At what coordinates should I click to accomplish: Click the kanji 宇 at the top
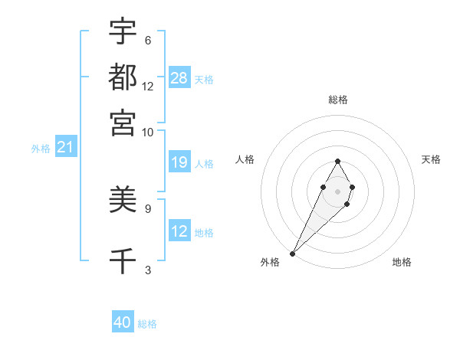123,32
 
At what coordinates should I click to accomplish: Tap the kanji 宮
123,122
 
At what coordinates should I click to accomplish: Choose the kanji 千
123,261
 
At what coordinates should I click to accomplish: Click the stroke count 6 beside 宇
147,40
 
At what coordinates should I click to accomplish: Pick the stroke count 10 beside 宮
148,132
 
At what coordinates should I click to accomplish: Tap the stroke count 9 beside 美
147,208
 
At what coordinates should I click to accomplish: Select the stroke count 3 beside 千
147,269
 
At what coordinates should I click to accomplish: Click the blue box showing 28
179,78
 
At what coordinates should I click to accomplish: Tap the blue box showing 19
179,162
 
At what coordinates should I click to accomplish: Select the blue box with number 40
123,322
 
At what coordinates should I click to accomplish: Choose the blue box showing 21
65,147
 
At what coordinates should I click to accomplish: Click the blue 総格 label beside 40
147,324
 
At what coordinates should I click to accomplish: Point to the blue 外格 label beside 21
40,149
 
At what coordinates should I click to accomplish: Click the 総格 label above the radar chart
337,100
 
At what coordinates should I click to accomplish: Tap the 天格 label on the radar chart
431,159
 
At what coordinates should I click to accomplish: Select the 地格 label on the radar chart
402,263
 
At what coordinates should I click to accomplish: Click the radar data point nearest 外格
293,252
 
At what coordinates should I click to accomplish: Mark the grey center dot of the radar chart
337,190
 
